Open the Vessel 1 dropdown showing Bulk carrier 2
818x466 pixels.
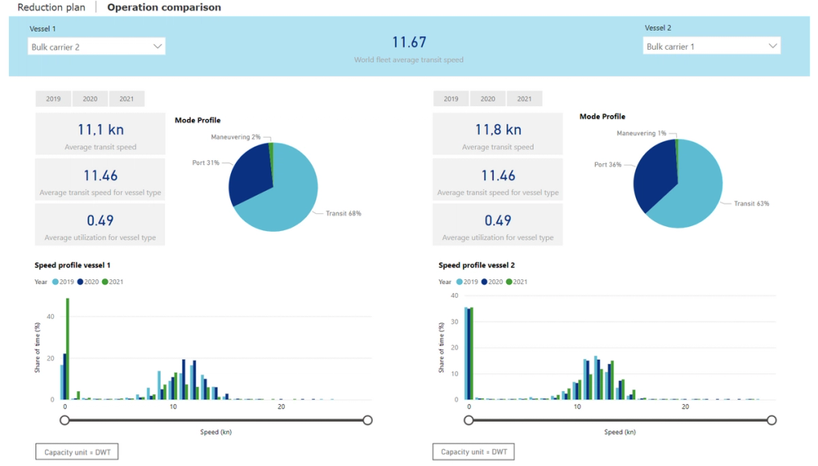point(97,47)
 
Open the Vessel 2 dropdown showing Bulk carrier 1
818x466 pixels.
point(712,46)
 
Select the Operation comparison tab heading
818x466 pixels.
point(163,7)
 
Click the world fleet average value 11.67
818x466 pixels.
point(408,42)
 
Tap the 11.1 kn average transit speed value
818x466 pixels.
point(101,130)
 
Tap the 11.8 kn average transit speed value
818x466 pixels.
point(498,130)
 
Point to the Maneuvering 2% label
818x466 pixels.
point(236,137)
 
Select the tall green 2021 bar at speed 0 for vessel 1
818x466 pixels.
point(68,348)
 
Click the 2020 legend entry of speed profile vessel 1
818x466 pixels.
point(90,282)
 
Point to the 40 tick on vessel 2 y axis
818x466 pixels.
point(457,296)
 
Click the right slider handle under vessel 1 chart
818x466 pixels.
point(368,419)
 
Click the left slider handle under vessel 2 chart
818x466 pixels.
point(469,419)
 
